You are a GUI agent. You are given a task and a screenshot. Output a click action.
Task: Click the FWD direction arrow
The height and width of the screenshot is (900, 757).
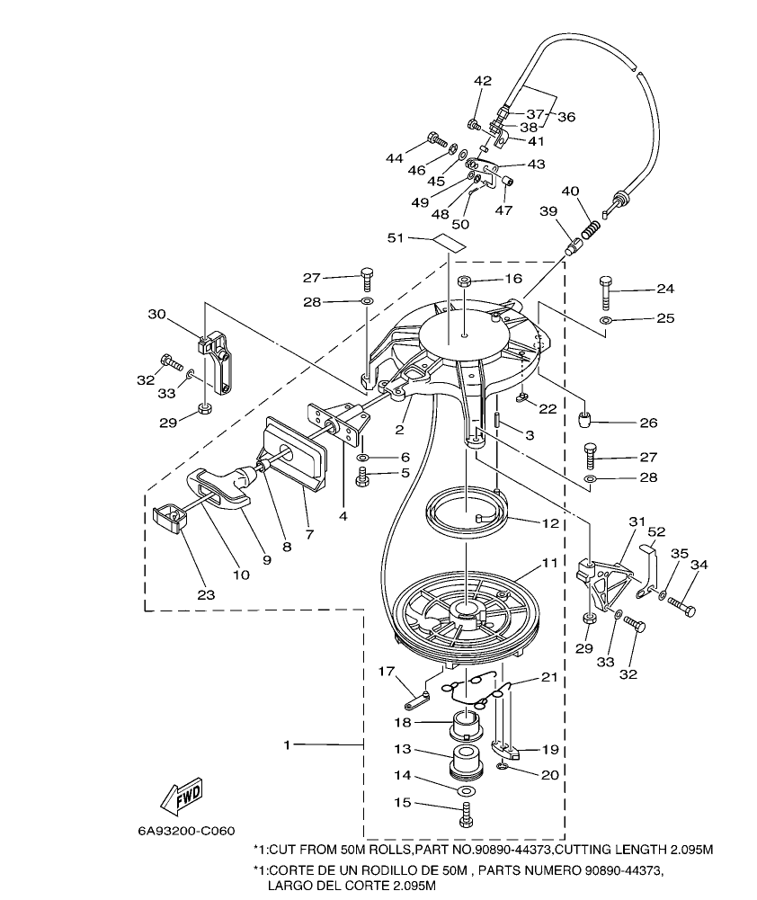coord(182,794)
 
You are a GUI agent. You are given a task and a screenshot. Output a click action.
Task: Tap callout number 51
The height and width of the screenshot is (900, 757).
coord(418,238)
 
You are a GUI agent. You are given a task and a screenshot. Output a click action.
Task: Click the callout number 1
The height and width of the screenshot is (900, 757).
coord(287,744)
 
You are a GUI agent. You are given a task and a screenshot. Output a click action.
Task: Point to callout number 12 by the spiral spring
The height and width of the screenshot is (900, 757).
coord(549,522)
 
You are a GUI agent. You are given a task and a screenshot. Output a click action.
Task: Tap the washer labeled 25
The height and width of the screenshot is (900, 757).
coord(607,319)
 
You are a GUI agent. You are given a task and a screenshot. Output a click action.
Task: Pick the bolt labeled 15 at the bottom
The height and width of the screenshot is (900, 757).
coord(466,815)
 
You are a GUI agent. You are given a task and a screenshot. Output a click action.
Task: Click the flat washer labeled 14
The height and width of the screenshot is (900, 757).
coord(466,789)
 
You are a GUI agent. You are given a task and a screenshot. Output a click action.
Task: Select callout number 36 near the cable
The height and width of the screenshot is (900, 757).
coord(566,117)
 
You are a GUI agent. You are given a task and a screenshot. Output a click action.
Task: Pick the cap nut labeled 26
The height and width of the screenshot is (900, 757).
coord(588,417)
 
